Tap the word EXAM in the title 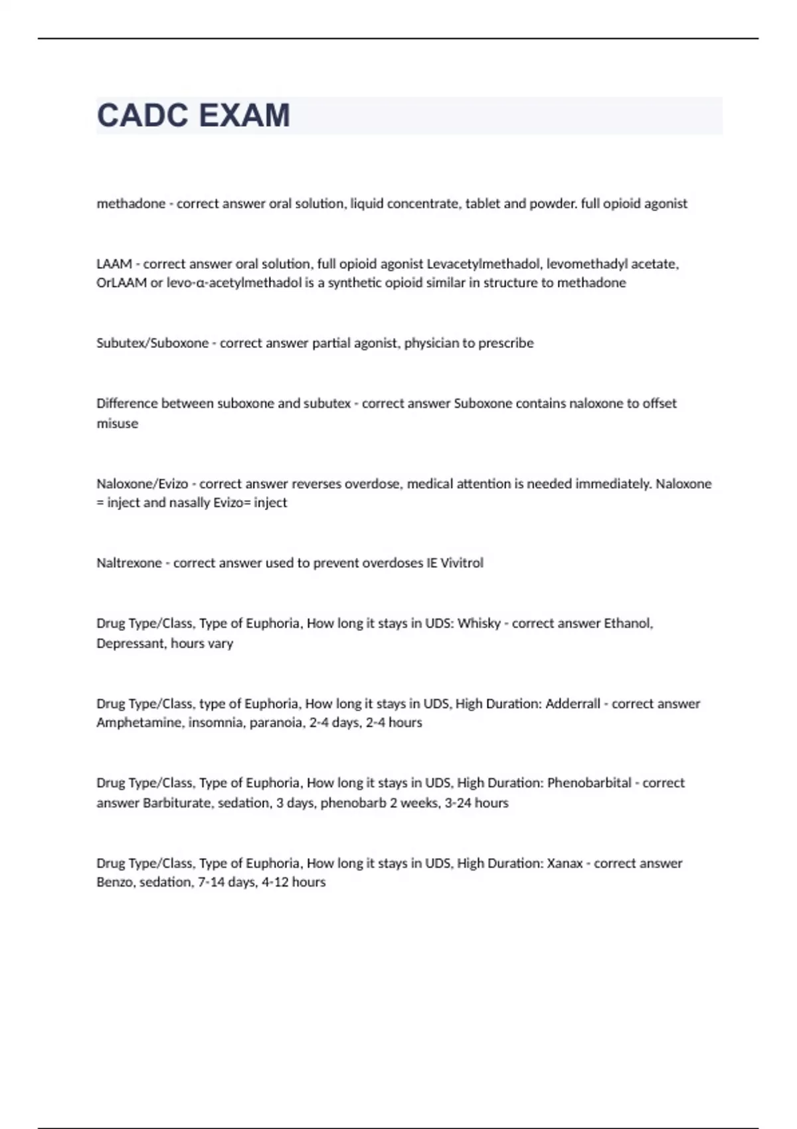[244, 116]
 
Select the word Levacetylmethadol [483, 264]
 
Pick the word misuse [118, 424]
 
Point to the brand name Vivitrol [462, 563]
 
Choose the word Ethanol [628, 624]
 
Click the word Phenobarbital [589, 783]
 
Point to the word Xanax [565, 863]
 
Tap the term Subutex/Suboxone [152, 343]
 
